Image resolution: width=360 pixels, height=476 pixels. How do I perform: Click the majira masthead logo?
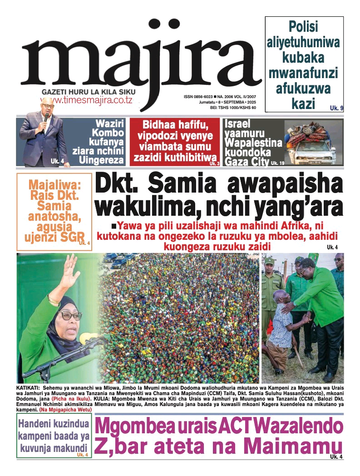tap(141, 59)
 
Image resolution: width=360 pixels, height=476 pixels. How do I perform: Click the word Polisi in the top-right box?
tap(304, 28)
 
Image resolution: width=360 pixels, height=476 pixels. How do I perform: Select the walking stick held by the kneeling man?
tap(297, 355)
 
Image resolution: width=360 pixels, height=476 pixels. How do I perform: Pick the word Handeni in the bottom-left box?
tap(36, 425)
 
